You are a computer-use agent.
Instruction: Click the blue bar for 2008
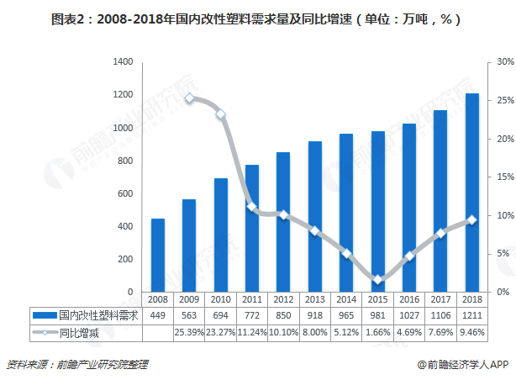pos(158,255)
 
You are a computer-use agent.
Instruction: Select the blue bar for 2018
pos(472,193)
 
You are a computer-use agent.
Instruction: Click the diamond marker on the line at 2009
pos(189,98)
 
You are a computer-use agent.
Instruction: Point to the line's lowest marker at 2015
pos(377,279)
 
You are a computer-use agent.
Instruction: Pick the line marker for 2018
pos(471,219)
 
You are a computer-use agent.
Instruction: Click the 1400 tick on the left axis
pos(123,62)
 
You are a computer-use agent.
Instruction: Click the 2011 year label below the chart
pos(252,300)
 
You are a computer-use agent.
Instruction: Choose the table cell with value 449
pos(158,315)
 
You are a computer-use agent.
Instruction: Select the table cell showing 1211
pos(472,315)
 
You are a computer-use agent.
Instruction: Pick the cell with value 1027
pos(408,315)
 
